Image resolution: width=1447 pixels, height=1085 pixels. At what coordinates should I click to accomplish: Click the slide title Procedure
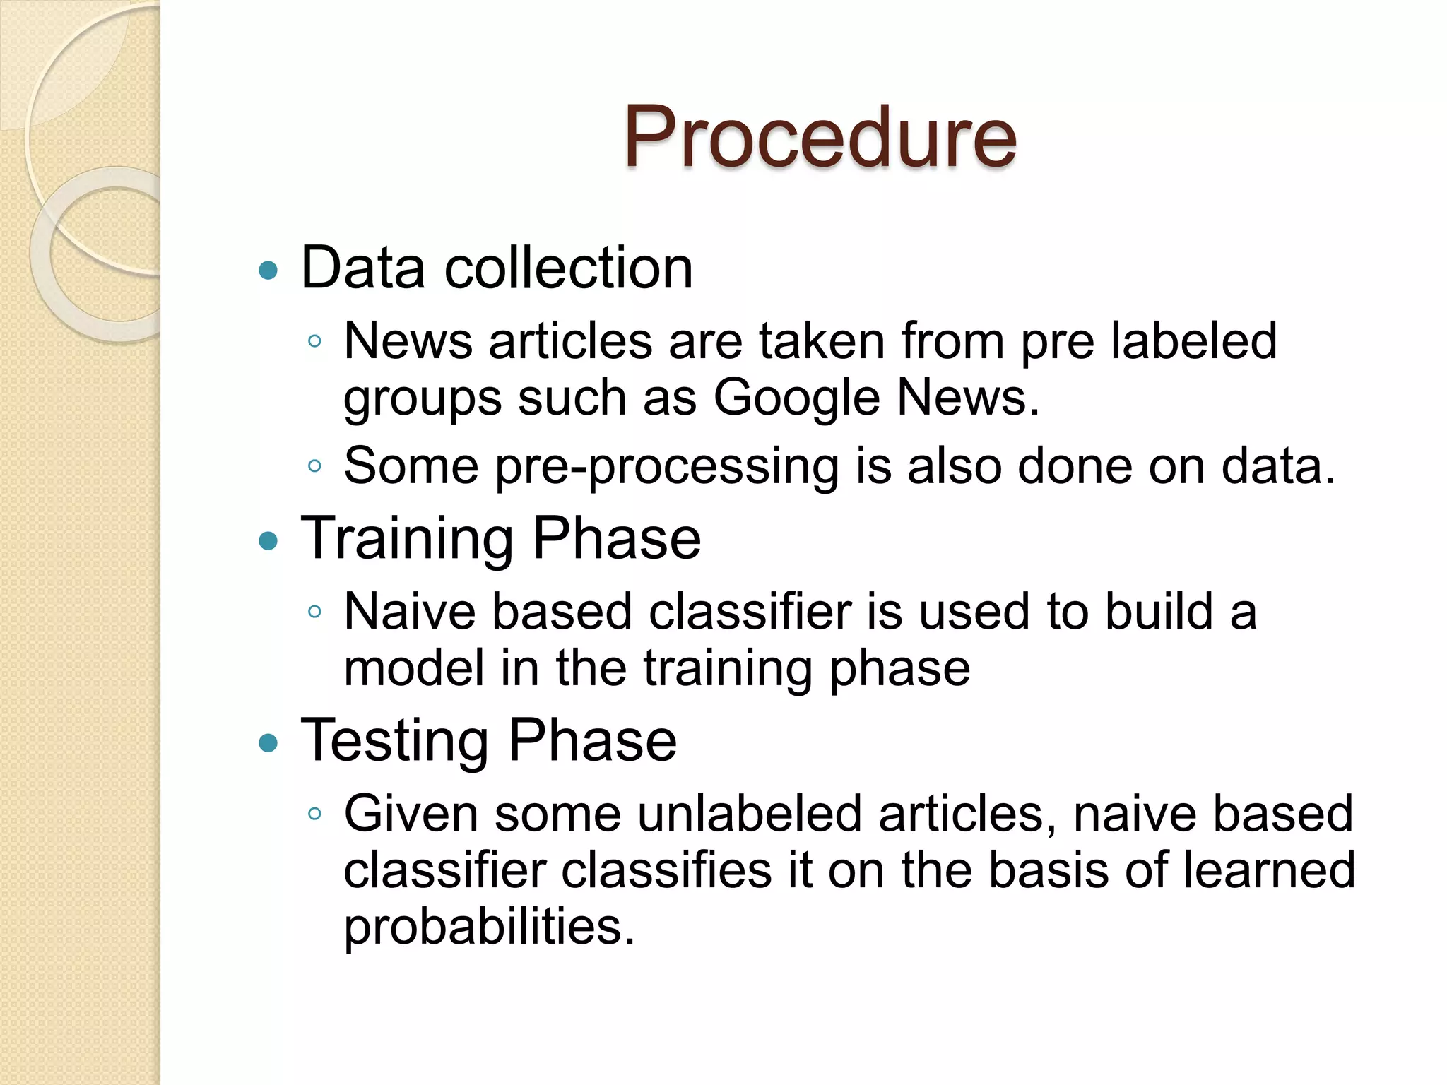click(x=820, y=137)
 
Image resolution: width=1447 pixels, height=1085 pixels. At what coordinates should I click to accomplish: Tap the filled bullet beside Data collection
click(x=268, y=271)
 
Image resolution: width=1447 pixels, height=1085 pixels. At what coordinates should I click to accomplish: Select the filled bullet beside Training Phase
click(x=268, y=542)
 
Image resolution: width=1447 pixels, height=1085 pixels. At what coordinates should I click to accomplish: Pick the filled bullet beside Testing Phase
click(x=268, y=743)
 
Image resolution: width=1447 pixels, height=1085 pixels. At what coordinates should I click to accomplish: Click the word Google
click(x=796, y=398)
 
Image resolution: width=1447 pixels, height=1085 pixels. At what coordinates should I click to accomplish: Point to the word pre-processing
click(x=666, y=468)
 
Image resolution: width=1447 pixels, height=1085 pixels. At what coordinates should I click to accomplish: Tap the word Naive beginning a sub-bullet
click(x=410, y=612)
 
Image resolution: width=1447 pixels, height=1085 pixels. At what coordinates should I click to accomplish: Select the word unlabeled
click(x=750, y=814)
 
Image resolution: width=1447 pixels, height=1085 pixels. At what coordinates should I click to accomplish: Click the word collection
click(x=568, y=268)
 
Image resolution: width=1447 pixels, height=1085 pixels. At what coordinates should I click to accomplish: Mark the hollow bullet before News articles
click(x=315, y=342)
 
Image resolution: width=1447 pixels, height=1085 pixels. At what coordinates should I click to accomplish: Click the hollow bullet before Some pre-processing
click(x=315, y=466)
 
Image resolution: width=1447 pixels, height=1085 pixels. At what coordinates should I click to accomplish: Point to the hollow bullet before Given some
click(x=315, y=814)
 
